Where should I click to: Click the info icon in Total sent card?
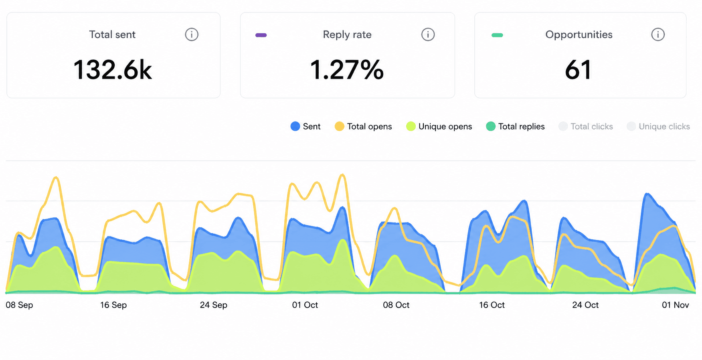point(192,34)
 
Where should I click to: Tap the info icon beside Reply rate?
point(428,34)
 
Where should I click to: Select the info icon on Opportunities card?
point(657,34)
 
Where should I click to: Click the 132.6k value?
point(113,70)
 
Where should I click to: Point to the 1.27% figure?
point(347,70)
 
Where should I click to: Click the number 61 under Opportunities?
point(578,70)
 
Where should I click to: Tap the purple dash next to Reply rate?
point(261,35)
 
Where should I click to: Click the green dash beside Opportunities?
point(497,35)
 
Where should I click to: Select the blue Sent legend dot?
point(295,126)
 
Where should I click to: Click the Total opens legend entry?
point(363,126)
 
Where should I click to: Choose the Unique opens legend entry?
point(439,126)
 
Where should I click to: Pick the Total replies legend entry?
point(515,126)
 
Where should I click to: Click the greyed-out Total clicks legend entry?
point(586,126)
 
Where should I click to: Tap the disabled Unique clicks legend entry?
point(658,126)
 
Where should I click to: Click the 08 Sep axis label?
point(19,305)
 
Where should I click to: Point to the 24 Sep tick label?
point(214,305)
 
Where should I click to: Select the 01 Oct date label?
point(305,305)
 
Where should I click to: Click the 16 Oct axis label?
point(492,305)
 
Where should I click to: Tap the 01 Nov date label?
point(676,305)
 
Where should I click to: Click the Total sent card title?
point(112,34)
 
